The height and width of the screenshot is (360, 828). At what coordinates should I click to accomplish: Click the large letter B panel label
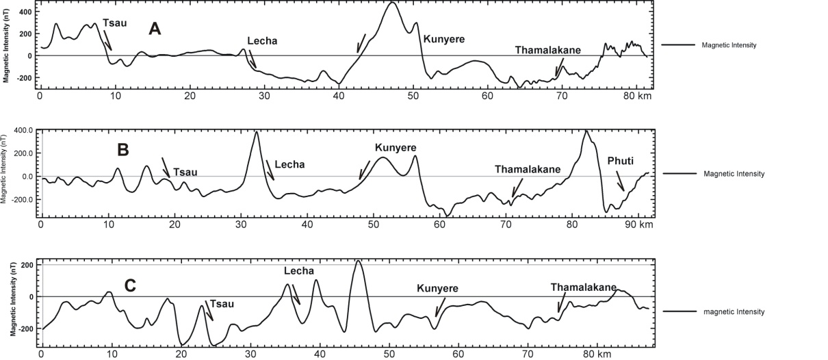pos(123,149)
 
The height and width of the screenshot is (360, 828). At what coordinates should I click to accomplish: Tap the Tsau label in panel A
pos(114,23)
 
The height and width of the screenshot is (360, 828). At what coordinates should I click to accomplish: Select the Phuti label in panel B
pos(621,161)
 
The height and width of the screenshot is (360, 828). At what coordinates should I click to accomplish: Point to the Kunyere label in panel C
pos(437,288)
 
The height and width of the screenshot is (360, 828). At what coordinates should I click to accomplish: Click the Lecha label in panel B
pos(289,164)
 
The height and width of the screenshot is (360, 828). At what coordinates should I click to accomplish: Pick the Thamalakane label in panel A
pos(548,50)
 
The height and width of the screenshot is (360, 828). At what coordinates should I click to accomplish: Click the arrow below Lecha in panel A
pos(253,59)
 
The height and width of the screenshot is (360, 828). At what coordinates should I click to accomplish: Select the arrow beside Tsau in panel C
pos(209,310)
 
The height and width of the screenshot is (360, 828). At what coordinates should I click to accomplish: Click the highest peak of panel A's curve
pos(391,3)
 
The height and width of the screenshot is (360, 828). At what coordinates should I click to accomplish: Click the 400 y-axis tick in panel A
pos(25,12)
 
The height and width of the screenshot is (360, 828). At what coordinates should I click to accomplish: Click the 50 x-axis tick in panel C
pos(389,355)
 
